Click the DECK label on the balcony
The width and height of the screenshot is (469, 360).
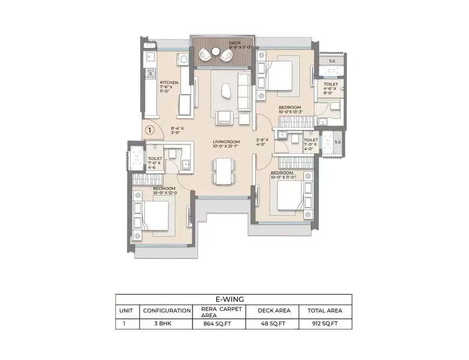[x=235, y=43]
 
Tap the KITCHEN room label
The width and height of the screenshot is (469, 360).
[x=169, y=82]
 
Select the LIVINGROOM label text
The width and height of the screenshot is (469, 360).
[x=226, y=142]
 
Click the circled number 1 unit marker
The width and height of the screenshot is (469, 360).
[x=150, y=130]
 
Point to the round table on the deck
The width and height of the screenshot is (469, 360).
[x=216, y=52]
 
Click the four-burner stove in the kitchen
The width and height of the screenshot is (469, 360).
[x=150, y=73]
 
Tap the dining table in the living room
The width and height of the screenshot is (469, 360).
[x=224, y=171]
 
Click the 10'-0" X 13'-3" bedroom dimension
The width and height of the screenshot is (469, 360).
[x=291, y=112]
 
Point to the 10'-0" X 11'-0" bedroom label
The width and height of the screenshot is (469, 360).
[x=283, y=177]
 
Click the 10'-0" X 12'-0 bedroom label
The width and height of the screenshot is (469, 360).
[x=165, y=193]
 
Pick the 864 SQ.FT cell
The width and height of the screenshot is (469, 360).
[x=217, y=323]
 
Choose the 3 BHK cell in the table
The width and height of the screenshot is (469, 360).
[x=163, y=323]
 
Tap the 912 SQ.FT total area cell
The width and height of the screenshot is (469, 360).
[x=325, y=323]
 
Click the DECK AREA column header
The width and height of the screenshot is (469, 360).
[x=274, y=310]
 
